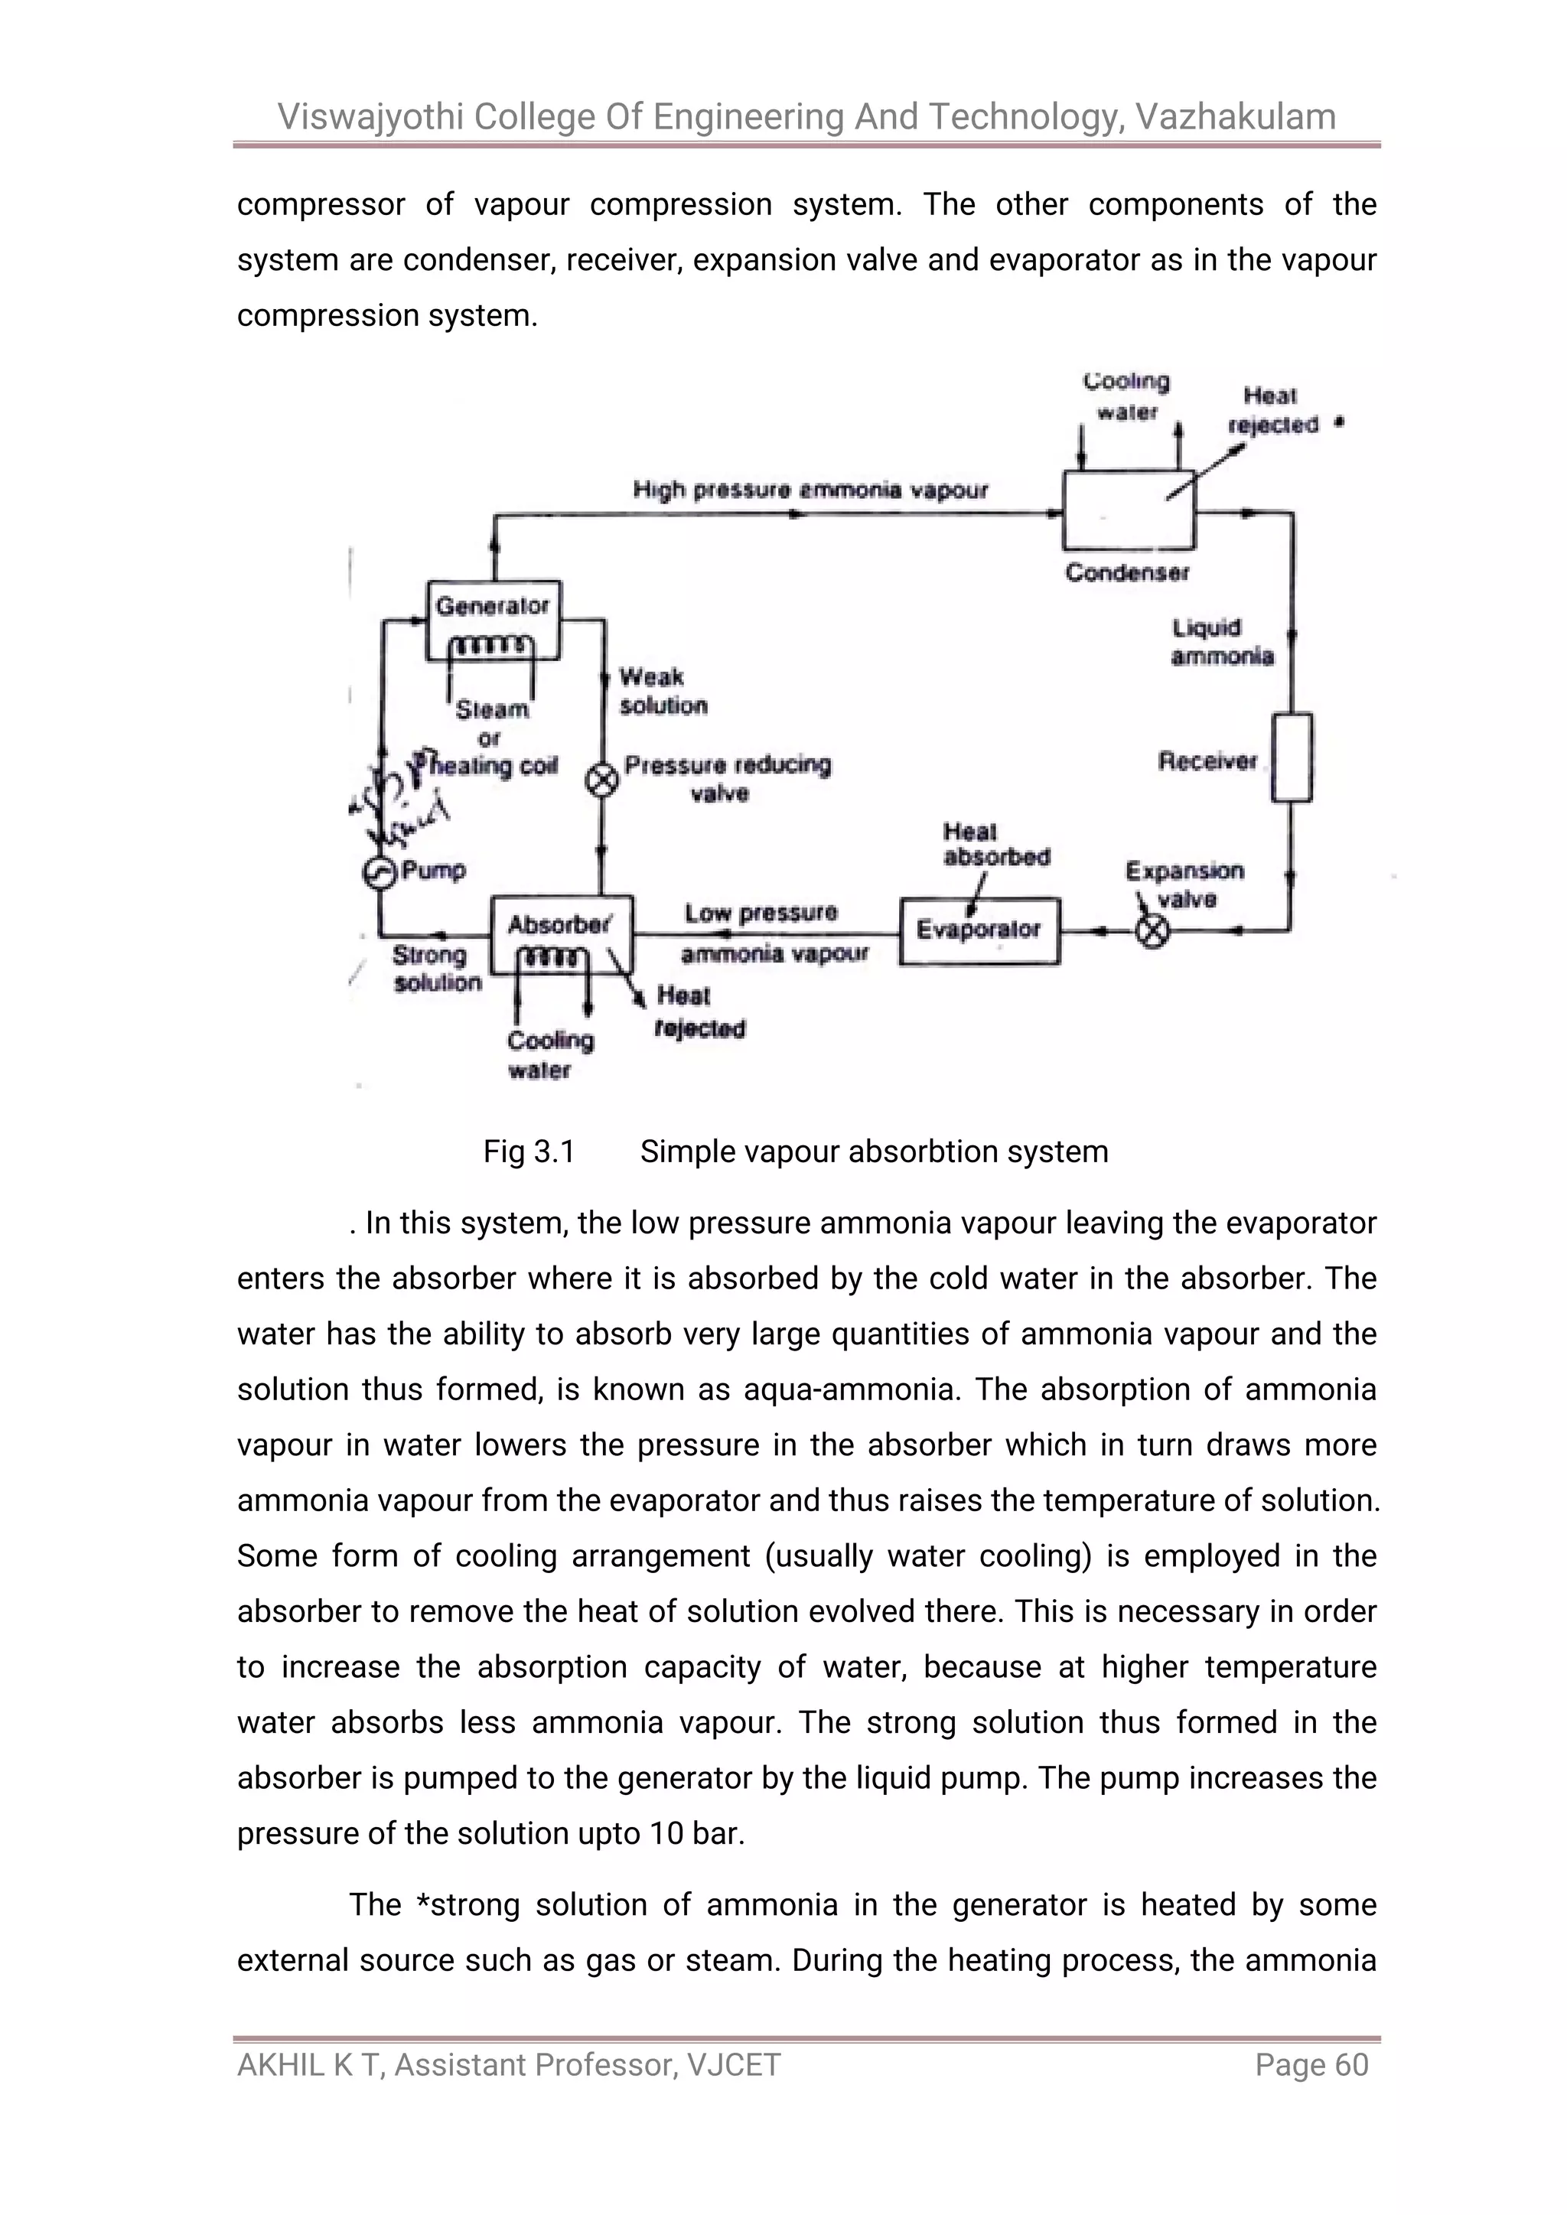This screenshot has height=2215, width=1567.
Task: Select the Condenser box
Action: pyautogui.click(x=1128, y=510)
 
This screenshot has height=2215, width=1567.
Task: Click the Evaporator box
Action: pyautogui.click(x=979, y=931)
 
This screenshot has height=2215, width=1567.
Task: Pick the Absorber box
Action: pyautogui.click(x=562, y=934)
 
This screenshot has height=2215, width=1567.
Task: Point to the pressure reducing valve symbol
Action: pyautogui.click(x=603, y=780)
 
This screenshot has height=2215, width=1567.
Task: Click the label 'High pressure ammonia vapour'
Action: pyautogui.click(x=810, y=490)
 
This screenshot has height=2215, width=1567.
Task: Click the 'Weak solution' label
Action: pyautogui.click(x=662, y=691)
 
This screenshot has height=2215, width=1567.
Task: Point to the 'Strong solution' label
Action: pyautogui.click(x=435, y=969)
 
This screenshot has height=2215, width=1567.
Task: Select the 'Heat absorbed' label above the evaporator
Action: pyautogui.click(x=995, y=844)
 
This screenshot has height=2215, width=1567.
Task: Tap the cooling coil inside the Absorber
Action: pyautogui.click(x=552, y=957)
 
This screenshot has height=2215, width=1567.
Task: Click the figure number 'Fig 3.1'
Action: pyautogui.click(x=529, y=1151)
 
